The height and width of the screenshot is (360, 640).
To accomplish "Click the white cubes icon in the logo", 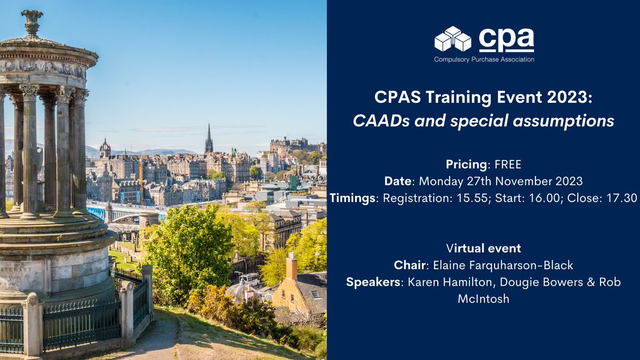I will tap(453, 39).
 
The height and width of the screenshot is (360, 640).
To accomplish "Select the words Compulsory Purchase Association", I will tap(484, 59).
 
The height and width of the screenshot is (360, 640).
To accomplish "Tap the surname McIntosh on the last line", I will tap(483, 299).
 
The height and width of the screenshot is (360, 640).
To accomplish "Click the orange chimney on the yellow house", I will tap(291, 267).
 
